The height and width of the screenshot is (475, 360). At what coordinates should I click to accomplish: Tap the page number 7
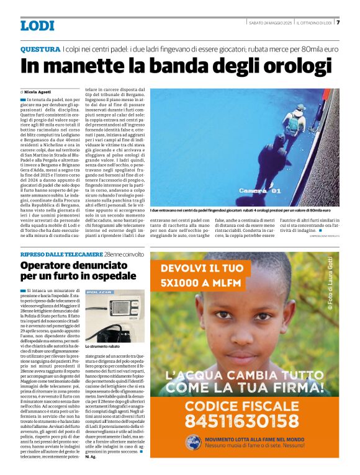click(x=338, y=23)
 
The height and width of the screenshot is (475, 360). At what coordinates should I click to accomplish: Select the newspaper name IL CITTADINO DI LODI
click(x=315, y=23)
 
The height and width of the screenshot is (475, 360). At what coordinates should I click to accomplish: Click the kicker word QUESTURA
click(x=40, y=48)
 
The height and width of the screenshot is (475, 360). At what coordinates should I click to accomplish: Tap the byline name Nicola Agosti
click(x=38, y=91)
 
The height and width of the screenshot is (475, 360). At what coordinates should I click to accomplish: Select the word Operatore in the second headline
click(x=52, y=265)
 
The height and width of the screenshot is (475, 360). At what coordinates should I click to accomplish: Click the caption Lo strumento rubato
click(x=102, y=347)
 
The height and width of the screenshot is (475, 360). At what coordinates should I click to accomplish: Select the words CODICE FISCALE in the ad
click(x=245, y=404)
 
